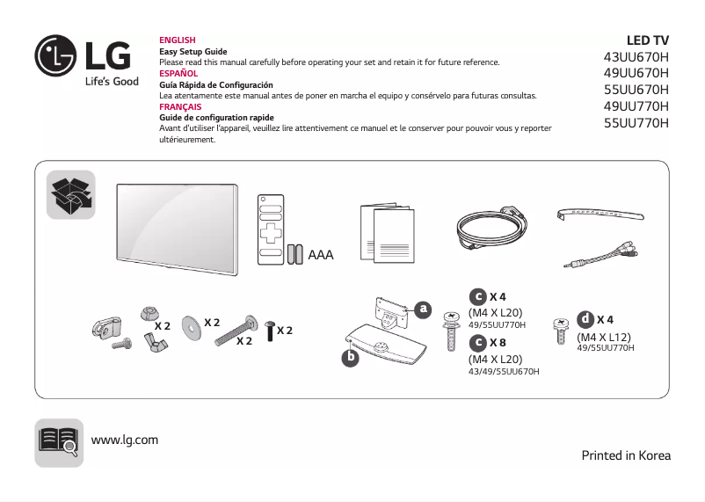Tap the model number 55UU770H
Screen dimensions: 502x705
coord(636,123)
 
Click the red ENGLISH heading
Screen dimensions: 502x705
coord(177,40)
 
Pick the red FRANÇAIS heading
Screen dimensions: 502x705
coord(179,106)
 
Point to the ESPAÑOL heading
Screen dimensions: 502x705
coord(178,74)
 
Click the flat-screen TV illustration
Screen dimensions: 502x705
coord(177,223)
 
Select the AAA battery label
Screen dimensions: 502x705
coord(321,255)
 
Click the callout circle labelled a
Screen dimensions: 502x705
coord(424,309)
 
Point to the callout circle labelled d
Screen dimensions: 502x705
coord(585,318)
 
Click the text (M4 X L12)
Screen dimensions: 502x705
coord(604,337)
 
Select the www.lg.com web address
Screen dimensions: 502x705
coord(125,440)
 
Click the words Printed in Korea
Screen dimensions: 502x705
coord(626,455)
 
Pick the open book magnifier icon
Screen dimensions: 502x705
coord(59,440)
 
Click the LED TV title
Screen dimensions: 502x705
coord(647,40)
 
